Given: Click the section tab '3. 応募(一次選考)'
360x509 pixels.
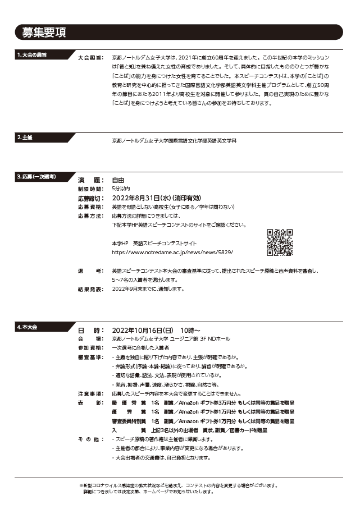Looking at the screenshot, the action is click(36, 177).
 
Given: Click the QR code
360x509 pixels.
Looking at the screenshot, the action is click(280, 242).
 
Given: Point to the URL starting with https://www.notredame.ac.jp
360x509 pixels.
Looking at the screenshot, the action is click(172, 253).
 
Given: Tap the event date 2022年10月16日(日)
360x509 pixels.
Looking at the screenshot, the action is click(143, 330).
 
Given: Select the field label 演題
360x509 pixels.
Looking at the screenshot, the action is click(90, 180).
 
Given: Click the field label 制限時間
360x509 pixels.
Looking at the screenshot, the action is click(90, 189).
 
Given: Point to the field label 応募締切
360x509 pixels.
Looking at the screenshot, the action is click(90, 198).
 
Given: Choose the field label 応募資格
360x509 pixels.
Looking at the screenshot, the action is click(90, 207).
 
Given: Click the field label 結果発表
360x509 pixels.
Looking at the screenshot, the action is click(90, 289).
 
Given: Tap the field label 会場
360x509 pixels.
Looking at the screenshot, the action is click(90, 339).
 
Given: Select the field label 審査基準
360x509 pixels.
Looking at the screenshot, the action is click(90, 357).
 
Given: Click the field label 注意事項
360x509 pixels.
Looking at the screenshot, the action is click(90, 394).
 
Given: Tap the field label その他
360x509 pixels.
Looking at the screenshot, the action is click(90, 439).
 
